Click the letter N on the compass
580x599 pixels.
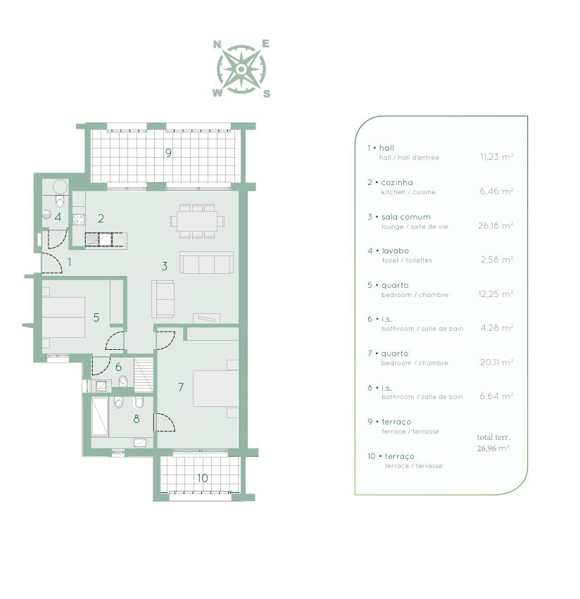pyautogui.click(x=217, y=44)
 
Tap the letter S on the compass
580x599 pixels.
pyautogui.click(x=266, y=94)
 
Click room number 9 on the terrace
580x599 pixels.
pyautogui.click(x=168, y=153)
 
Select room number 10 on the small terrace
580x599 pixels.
pyautogui.click(x=202, y=478)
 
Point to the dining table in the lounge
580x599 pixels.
pyautogui.click(x=197, y=222)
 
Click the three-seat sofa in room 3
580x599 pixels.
pyautogui.click(x=206, y=263)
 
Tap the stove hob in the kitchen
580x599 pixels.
pyautogui.click(x=79, y=220)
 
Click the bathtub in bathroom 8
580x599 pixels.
pyautogui.click(x=100, y=417)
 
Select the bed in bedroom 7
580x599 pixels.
pyautogui.click(x=215, y=388)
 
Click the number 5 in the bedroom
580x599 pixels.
pyautogui.click(x=96, y=317)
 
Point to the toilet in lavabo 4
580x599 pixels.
pyautogui.click(x=60, y=201)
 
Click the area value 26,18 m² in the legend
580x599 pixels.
pyautogui.click(x=496, y=226)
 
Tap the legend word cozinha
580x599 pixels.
pyautogui.click(x=397, y=182)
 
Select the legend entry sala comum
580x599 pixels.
pyautogui.click(x=405, y=217)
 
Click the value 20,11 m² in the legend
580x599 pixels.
pyautogui.click(x=497, y=362)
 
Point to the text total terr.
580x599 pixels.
pyautogui.click(x=493, y=437)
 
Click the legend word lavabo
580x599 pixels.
pyautogui.click(x=396, y=251)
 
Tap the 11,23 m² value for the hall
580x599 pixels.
pyautogui.click(x=497, y=157)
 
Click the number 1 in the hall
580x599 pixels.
pyautogui.click(x=70, y=262)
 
